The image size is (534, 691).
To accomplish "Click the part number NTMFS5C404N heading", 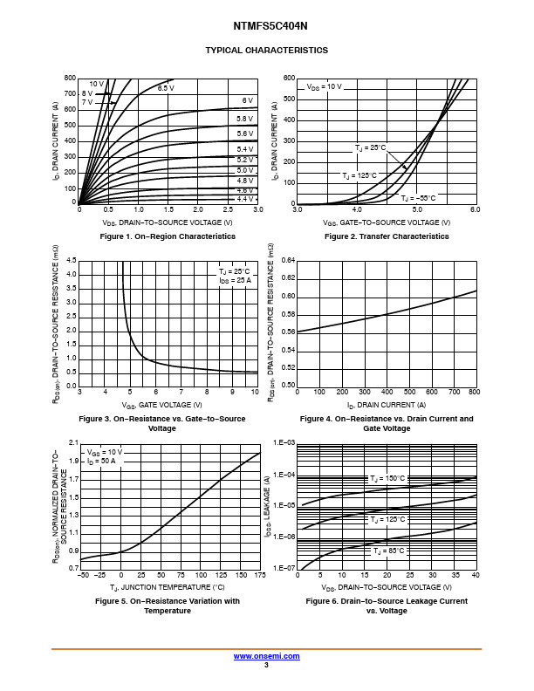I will (x=266, y=26).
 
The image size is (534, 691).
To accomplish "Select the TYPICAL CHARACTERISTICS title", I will (x=266, y=51).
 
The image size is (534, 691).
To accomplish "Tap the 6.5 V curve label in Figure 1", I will (x=166, y=88).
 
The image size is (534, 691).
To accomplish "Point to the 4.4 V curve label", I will (x=245, y=200).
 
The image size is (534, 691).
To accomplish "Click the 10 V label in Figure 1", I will (x=96, y=84).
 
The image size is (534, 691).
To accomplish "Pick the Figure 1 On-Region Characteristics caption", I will (x=168, y=236).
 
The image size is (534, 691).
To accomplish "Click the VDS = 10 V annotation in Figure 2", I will (x=324, y=87).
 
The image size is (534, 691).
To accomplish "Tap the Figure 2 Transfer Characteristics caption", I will (x=387, y=236).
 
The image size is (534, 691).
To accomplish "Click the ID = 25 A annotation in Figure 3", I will (x=235, y=280).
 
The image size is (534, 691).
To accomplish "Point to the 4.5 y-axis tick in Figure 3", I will (x=72, y=260).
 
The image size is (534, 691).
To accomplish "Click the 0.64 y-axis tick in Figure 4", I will (x=289, y=260).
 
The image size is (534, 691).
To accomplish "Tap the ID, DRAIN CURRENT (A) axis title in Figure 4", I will (x=387, y=404).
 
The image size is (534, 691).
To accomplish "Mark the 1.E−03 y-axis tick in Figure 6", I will (x=284, y=443).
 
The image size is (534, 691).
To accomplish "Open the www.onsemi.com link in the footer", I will (x=266, y=655).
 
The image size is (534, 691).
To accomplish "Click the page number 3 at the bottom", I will (x=266, y=665).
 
